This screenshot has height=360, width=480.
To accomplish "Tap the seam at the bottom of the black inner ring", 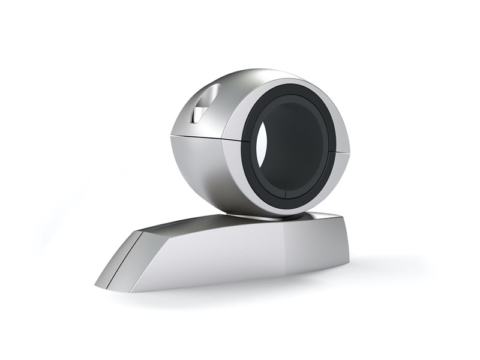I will [284, 196].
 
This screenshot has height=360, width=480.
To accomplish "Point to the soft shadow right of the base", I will [384, 264].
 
